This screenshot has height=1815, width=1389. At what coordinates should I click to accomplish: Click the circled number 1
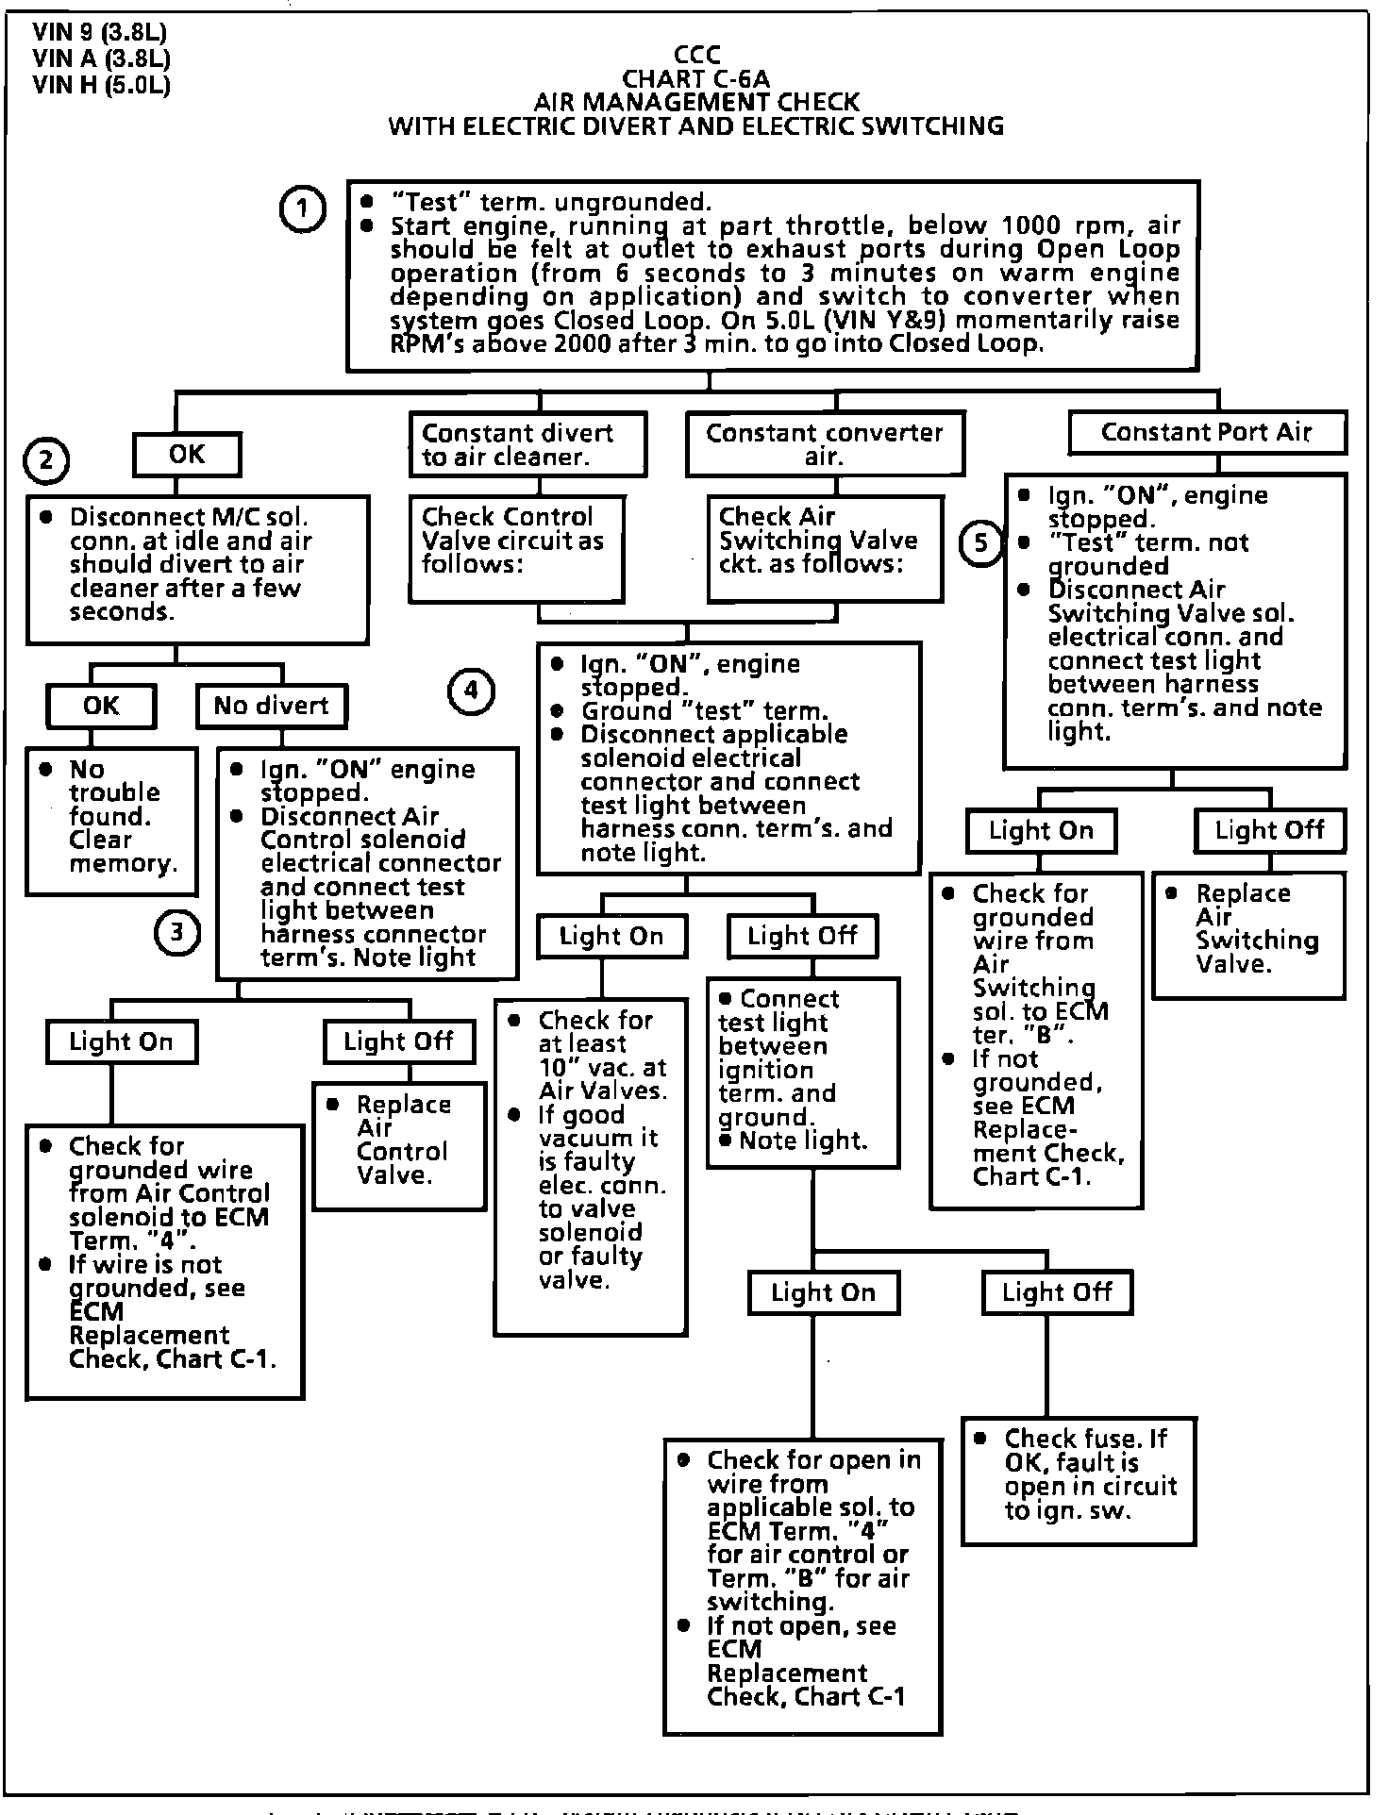coord(302,210)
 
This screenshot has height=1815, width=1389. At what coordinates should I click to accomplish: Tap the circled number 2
coord(46,461)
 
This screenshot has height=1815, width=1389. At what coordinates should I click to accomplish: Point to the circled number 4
coord(471,691)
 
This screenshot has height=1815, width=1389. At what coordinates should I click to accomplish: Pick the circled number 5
coord(981,543)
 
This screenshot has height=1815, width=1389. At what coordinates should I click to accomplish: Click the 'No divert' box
coord(271,706)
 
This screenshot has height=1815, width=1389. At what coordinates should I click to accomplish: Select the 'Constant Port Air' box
coord(1206,433)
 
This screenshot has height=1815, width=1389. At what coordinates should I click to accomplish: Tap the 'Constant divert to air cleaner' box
coord(527,444)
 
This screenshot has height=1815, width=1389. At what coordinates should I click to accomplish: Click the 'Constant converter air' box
coord(824,443)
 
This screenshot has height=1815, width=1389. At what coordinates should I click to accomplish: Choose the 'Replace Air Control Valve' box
coord(400,1146)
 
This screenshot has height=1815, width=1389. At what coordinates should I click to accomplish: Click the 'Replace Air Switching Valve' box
coord(1247,935)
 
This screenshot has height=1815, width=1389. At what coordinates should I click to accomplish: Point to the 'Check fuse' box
coord(1079,1479)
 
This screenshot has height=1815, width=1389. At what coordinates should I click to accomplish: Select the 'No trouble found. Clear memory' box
coord(111,820)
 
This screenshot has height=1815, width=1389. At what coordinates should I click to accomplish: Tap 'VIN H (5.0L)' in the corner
coord(101,86)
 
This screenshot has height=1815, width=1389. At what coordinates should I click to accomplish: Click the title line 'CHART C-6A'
coord(696,79)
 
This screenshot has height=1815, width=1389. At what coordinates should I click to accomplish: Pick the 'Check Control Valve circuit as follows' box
coord(516,548)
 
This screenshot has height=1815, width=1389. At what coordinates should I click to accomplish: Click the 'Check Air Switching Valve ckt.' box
coord(825,548)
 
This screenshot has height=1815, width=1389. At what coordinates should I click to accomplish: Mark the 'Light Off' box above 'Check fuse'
coord(1057,1292)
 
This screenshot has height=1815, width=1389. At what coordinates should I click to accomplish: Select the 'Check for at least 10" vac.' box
coord(591,1167)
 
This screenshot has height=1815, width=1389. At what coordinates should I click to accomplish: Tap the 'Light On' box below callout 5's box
coord(1041,831)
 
